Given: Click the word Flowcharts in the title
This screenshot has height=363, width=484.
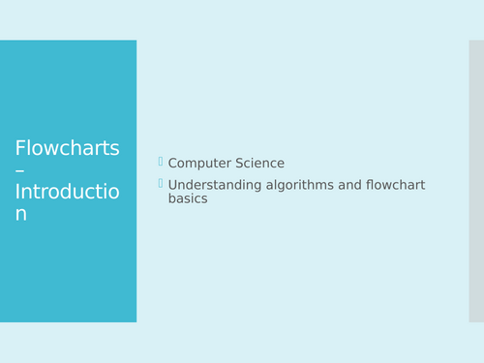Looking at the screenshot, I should [x=67, y=148].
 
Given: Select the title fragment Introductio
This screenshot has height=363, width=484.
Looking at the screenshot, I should [x=67, y=192].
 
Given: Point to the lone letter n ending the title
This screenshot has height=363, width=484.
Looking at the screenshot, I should [x=21, y=214].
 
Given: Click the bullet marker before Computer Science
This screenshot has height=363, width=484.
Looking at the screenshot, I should [x=161, y=162].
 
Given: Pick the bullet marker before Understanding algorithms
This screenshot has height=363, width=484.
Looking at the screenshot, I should [x=161, y=183].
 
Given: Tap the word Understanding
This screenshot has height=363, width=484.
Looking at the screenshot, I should [x=214, y=185].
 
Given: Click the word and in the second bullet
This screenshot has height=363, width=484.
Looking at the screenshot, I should [x=348, y=185].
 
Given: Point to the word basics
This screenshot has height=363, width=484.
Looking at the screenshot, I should [x=188, y=198].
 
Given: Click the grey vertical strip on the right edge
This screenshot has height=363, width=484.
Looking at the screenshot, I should [x=476, y=181].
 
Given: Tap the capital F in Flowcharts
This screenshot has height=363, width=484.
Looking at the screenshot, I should [x=20, y=148].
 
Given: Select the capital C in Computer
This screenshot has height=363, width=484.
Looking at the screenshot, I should [x=173, y=164].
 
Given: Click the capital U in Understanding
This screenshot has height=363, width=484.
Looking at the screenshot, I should [x=173, y=185].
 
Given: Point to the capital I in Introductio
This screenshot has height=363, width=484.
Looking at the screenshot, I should [x=18, y=192].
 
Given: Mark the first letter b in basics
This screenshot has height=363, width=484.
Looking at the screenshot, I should [x=172, y=198].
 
